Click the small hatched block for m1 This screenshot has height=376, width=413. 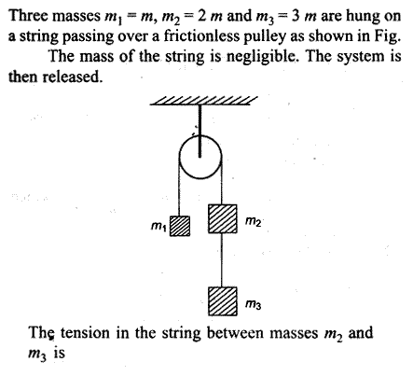click(180, 226)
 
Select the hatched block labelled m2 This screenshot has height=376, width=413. click(223, 218)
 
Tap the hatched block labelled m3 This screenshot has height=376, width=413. click(223, 301)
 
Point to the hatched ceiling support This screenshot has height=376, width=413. click(203, 101)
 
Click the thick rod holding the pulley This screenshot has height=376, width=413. click(200, 131)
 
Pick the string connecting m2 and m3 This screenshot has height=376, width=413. click(222, 259)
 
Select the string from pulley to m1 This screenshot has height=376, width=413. click(179, 188)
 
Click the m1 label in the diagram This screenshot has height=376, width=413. click(158, 227)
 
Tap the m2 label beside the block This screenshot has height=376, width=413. click(253, 221)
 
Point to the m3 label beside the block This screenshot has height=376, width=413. click(253, 304)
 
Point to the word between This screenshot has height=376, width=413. click(237, 333)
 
